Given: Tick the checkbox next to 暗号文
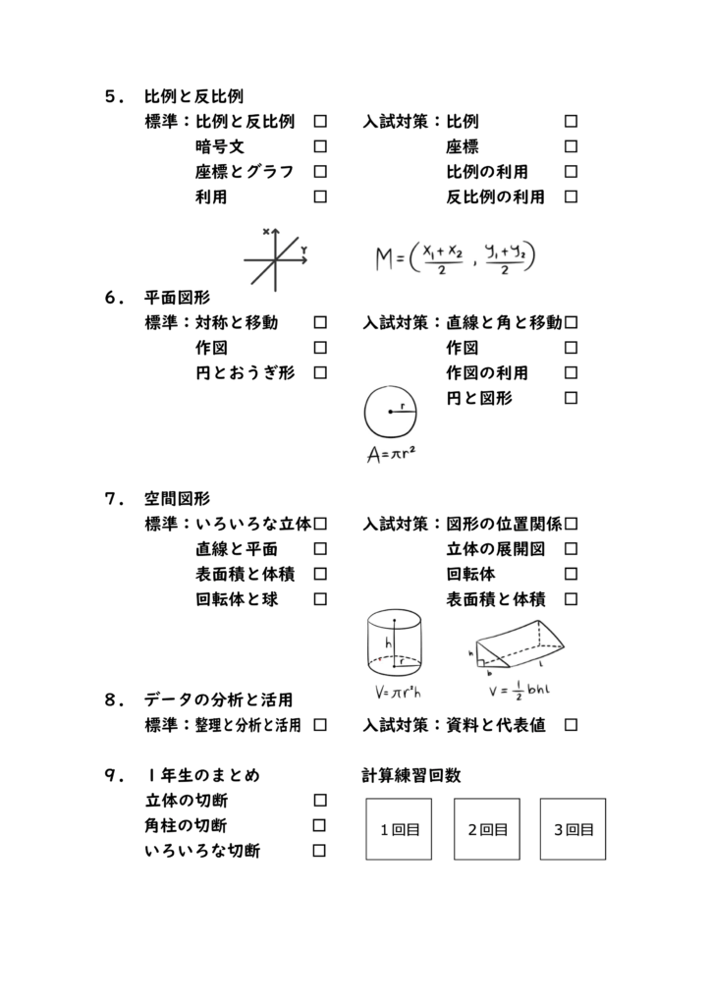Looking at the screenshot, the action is pos(320,146).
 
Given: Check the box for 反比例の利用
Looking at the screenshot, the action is pos(571,196).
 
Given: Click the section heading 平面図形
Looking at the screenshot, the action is pos(177,298).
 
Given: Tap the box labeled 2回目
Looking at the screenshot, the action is pos(487,829).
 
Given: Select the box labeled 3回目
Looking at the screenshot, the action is pos(573,829).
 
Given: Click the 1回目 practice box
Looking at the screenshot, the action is pos(399,829).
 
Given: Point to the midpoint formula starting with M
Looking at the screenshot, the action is pos(456,258).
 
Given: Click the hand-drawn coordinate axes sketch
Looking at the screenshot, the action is pos(276,259).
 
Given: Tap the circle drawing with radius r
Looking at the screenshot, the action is pos(391,412).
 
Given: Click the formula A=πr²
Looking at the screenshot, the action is pos(391,454).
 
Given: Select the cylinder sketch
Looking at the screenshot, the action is pos(394,643).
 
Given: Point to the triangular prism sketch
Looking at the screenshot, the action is pos(518,644).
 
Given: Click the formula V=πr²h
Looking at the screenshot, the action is pos(398,693).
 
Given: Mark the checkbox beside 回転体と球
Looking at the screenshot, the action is pos(320,599).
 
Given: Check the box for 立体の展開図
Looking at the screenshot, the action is pos(571,548).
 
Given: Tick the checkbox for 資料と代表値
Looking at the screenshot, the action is pos(571,725).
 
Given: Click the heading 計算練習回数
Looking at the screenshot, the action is pos(410,776).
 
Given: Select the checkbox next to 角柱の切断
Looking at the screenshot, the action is pos(318,825).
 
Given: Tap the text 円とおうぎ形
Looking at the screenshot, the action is pos(245,372).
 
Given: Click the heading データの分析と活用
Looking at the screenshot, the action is pos(219,699).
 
